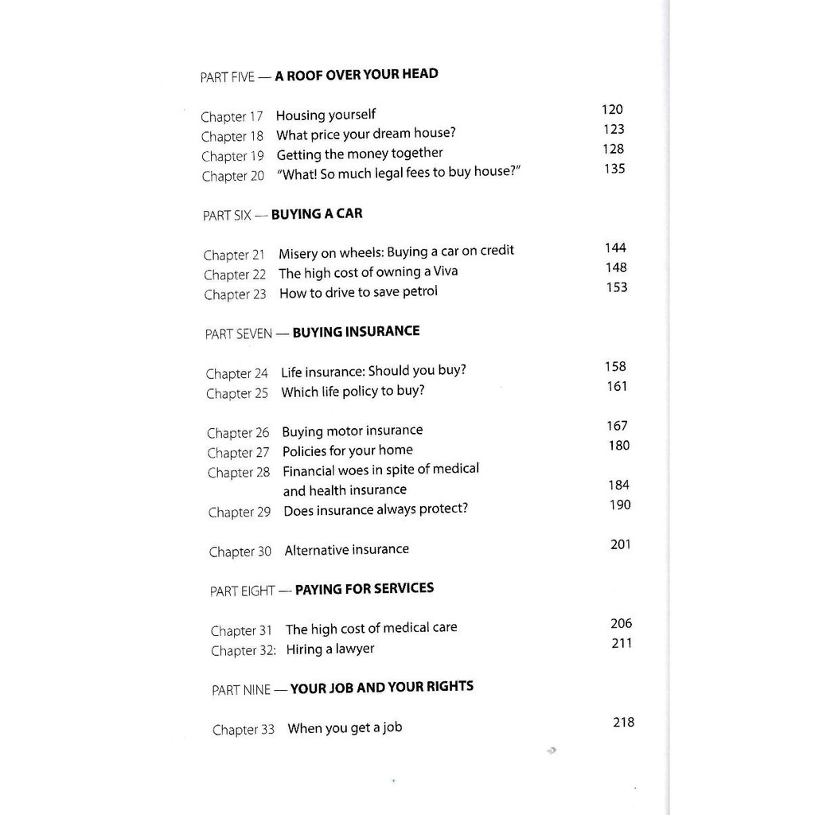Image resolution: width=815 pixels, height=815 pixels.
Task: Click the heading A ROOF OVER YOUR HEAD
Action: pyautogui.click(x=356, y=75)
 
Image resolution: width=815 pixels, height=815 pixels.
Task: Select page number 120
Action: pyautogui.click(x=612, y=110)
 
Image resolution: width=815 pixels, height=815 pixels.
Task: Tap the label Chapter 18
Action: pyautogui.click(x=232, y=137)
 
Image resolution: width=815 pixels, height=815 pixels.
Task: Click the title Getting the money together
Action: pyautogui.click(x=360, y=154)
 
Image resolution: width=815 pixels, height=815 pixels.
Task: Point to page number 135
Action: pyautogui.click(x=614, y=169)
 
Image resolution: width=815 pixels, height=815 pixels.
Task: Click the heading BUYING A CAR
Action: pyautogui.click(x=317, y=213)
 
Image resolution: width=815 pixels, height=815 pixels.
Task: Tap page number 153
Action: pyautogui.click(x=616, y=287)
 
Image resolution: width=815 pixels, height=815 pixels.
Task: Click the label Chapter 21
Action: pyautogui.click(x=234, y=255)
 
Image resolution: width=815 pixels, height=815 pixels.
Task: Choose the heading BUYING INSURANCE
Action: pyautogui.click(x=356, y=331)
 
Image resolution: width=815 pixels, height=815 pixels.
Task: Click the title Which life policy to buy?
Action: pyautogui.click(x=353, y=392)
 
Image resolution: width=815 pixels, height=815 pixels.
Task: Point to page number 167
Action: pyautogui.click(x=617, y=426)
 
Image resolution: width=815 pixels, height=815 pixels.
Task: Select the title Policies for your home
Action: pyautogui.click(x=348, y=450)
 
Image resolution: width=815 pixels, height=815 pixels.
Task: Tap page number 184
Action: pyautogui.click(x=618, y=485)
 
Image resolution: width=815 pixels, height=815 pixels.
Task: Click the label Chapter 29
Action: pyautogui.click(x=240, y=513)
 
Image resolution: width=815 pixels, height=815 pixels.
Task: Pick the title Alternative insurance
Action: pyautogui.click(x=346, y=550)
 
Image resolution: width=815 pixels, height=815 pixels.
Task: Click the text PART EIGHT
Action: pyautogui.click(x=242, y=591)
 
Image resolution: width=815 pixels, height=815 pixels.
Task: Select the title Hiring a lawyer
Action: pyautogui.click(x=330, y=649)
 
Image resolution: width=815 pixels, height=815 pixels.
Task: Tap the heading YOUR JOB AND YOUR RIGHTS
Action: pyautogui.click(x=381, y=687)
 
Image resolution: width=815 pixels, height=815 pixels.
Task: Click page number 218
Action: pyautogui.click(x=623, y=723)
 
